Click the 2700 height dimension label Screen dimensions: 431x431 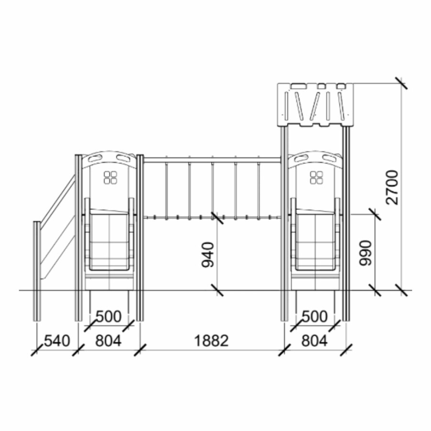(x=392, y=187)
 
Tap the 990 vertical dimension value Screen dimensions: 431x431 (x=365, y=253)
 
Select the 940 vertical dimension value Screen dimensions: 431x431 (x=207, y=255)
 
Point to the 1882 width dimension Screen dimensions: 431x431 (x=211, y=340)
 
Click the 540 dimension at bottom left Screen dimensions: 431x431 (x=57, y=340)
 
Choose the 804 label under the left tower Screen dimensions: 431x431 (x=108, y=340)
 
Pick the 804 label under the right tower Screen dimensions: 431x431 (x=315, y=340)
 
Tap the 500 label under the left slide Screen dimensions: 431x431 (x=109, y=317)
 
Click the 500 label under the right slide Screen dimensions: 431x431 (x=315, y=317)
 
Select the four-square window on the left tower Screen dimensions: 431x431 (x=111, y=177)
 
